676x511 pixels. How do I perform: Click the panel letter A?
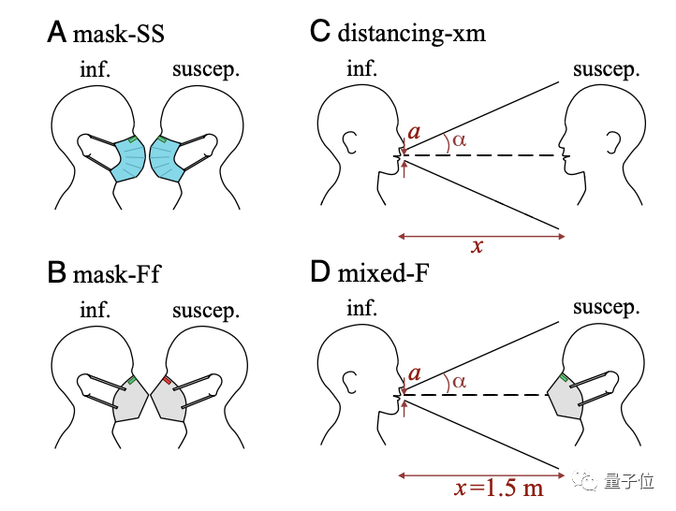click(57, 35)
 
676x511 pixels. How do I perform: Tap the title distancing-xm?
click(411, 35)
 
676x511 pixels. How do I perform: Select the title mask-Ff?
click(119, 274)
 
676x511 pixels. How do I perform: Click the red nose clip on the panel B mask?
click(167, 381)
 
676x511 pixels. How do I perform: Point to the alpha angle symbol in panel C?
click(459, 141)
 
